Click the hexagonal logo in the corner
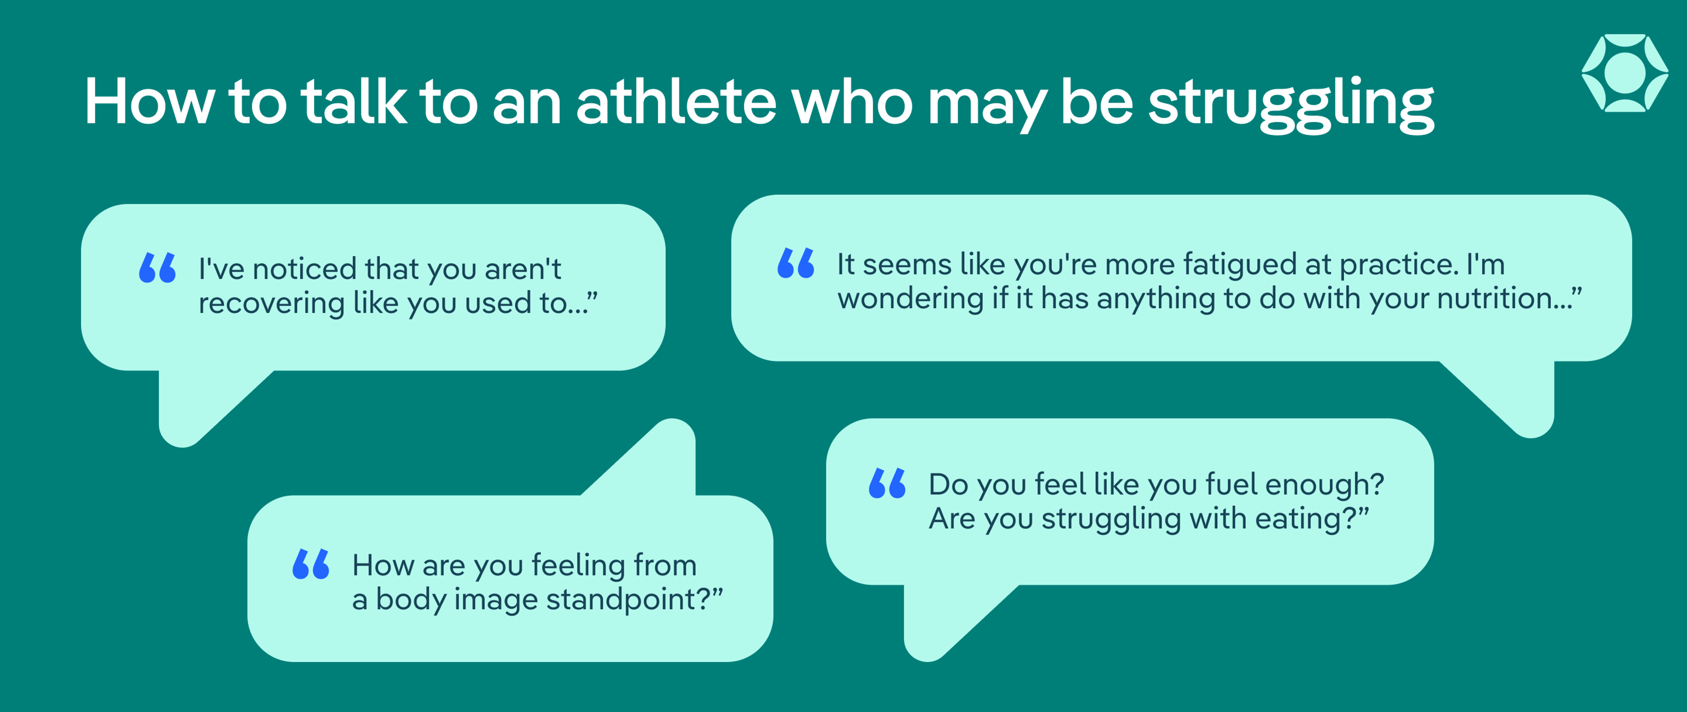(1625, 73)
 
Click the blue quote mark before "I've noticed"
(157, 268)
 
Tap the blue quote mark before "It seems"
(796, 263)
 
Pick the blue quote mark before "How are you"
(311, 564)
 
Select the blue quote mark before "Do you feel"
(887, 484)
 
